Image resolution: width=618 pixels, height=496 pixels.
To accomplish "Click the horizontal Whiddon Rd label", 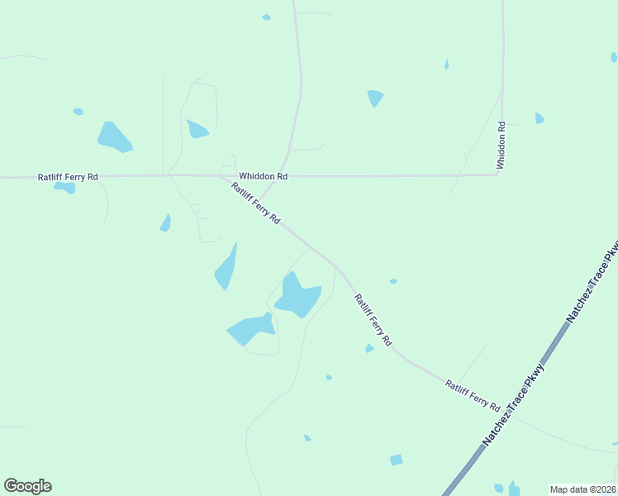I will tap(263, 176).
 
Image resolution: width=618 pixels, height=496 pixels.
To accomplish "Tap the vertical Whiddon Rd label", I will tap(501, 145).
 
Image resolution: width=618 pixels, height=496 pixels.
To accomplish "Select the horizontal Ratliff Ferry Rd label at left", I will tap(68, 177).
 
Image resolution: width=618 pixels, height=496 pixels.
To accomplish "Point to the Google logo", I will tap(27, 486).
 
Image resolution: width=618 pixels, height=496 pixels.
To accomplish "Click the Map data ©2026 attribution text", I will tap(582, 489).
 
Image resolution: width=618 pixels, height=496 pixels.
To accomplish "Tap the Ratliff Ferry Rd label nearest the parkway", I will tap(473, 395).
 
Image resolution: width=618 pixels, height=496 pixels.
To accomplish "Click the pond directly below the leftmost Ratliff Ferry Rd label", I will tap(65, 188).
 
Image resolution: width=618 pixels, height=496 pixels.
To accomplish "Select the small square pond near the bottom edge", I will tap(397, 460).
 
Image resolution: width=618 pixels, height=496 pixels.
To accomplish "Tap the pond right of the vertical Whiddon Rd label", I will tap(540, 118).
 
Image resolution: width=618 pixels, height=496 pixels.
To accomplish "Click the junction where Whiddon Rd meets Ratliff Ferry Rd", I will tap(219, 176).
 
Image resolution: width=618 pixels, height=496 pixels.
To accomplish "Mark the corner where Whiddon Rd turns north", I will tap(501, 174).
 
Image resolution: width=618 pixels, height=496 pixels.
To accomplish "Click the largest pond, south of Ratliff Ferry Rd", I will tap(297, 295).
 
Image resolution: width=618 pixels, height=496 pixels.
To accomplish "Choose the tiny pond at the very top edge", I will tap(266, 17).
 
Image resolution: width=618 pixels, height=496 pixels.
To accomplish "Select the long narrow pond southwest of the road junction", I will tap(226, 267).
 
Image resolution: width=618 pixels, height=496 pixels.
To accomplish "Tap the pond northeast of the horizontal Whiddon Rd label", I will tap(375, 98).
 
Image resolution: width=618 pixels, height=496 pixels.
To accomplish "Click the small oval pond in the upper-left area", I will tap(78, 112).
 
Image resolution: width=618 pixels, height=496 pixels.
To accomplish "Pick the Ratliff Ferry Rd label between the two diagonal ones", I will tap(373, 319).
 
